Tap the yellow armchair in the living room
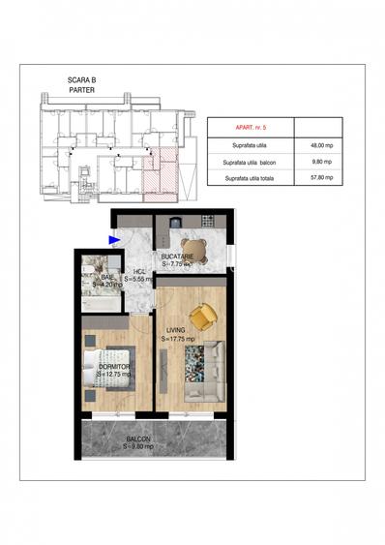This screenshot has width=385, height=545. tap(202, 317)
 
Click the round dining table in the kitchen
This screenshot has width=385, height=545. tap(188, 247)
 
